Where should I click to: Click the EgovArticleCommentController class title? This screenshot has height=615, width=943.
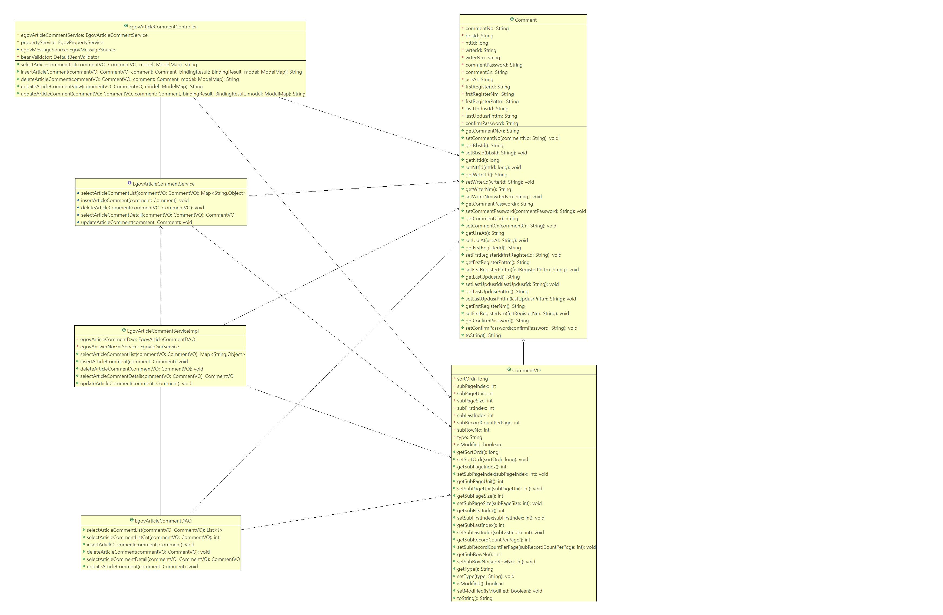162,27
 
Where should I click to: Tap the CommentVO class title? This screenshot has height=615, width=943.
526,370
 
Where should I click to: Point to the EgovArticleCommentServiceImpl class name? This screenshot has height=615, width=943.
162,331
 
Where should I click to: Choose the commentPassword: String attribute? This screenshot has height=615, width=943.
494,65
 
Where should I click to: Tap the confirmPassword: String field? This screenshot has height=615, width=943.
491,123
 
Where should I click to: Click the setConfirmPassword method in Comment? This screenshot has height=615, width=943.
521,328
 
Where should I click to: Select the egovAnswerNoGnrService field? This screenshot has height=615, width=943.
129,347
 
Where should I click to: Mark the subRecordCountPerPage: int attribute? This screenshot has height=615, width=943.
488,423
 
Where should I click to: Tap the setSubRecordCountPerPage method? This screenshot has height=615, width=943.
526,547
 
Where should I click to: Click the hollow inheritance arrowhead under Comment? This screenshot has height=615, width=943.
523,341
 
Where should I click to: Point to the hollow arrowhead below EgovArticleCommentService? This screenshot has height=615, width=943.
161,228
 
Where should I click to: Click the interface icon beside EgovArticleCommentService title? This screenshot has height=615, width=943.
130,183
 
